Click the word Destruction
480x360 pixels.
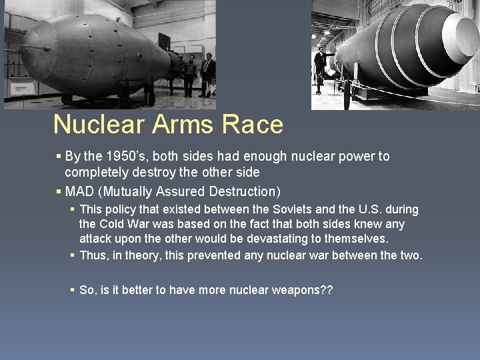(x=244, y=192)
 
